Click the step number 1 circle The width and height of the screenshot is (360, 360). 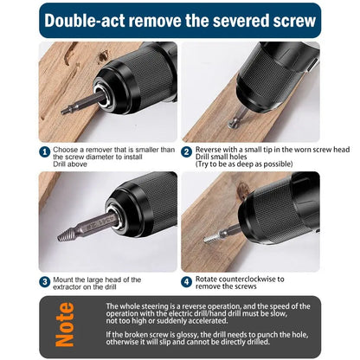44,151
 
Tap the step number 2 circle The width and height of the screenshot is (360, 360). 186,151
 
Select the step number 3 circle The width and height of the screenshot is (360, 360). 44,281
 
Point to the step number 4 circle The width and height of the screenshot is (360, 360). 186,281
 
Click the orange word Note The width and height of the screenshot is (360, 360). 67,323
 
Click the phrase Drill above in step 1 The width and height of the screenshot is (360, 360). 71,170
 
